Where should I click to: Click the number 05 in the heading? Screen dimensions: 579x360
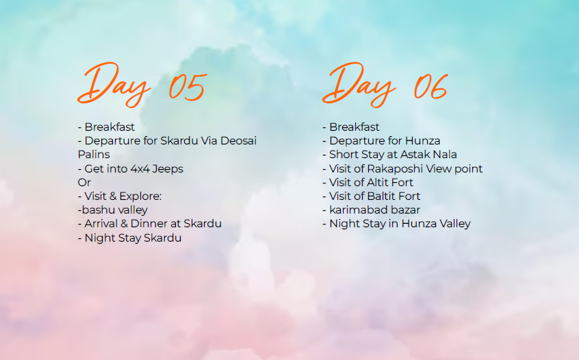point(188,87)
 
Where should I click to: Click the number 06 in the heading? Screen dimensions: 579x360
point(430,86)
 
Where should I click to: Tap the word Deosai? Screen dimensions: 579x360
point(238,141)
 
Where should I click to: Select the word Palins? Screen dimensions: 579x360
point(94,155)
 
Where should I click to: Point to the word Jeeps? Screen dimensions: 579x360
point(168,169)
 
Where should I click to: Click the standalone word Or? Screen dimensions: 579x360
point(84,183)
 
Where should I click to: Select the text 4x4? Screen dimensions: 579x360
point(140,169)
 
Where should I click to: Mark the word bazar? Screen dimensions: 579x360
point(405,209)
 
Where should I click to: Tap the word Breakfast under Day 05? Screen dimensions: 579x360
point(110,127)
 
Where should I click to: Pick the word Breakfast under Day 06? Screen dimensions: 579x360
point(355,127)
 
